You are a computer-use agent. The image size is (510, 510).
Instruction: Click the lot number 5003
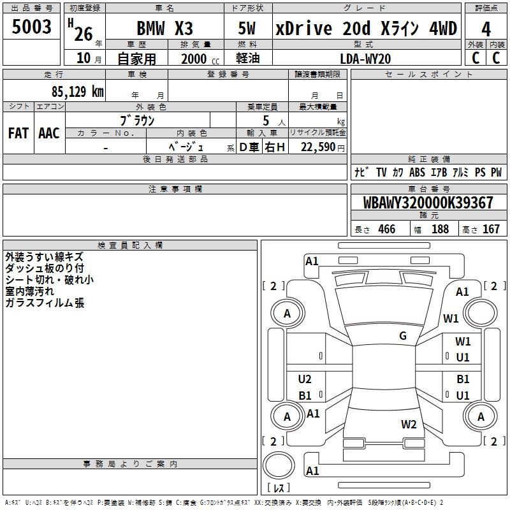pos(31,26)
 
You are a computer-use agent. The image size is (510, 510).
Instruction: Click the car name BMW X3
pos(164,28)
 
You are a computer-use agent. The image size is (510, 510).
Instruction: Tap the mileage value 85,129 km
pos(77,91)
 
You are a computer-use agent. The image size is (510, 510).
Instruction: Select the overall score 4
pos(486,29)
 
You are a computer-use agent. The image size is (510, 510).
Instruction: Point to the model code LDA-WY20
pos(365,59)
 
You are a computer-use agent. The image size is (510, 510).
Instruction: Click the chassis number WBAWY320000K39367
pos(428,203)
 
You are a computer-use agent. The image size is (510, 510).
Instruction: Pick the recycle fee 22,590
pos(317,147)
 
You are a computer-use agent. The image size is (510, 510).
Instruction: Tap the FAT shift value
pos(18,133)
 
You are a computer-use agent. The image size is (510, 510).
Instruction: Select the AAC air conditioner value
pos(49,133)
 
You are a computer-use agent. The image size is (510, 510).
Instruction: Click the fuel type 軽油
pos(248,58)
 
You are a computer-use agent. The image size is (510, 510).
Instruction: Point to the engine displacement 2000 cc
pos(200,59)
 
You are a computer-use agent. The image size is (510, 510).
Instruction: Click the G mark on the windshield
pos(403,335)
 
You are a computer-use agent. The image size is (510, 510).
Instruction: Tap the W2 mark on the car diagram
pos(409,424)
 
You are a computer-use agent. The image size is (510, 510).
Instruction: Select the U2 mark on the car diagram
pos(305,379)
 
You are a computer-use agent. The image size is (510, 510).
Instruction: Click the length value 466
pos(387,229)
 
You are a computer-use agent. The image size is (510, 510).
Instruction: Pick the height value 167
pos(491,229)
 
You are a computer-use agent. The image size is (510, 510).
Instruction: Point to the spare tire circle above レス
pos(279,465)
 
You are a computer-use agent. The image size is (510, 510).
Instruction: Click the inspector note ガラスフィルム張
pos(45,303)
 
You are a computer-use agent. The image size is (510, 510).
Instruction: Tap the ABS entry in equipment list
pos(417,172)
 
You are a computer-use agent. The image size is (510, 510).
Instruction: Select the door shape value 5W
pos(247,28)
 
